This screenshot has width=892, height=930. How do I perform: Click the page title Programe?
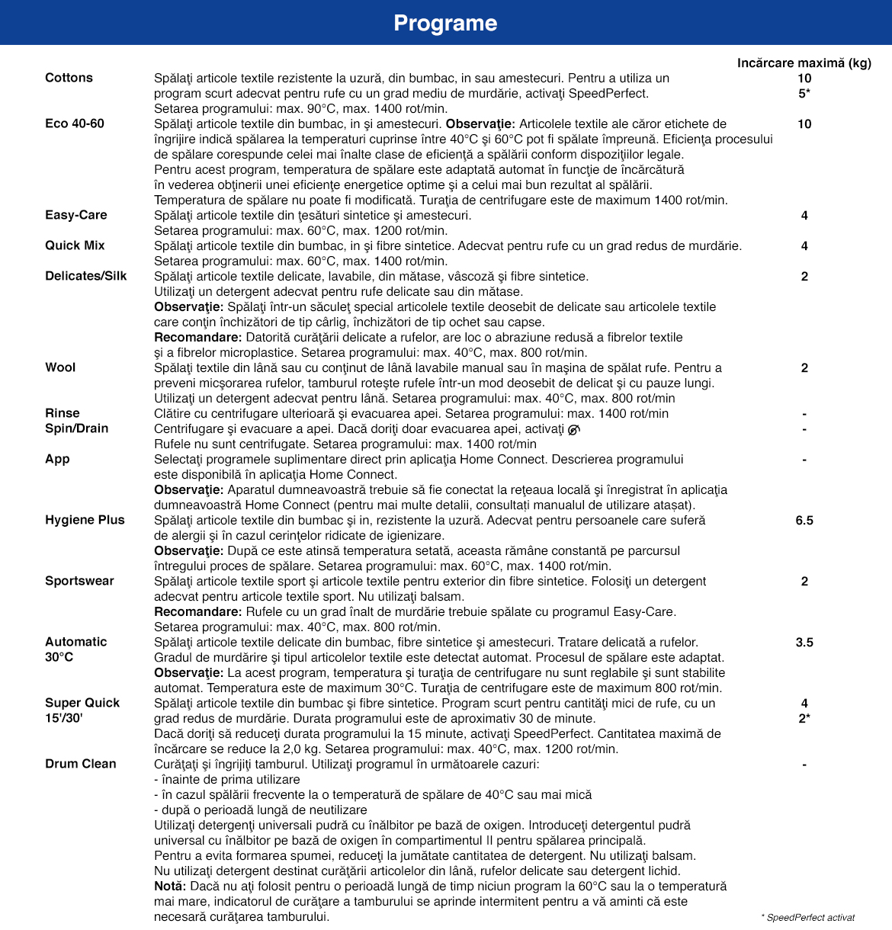445,23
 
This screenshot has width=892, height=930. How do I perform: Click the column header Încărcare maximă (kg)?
804,63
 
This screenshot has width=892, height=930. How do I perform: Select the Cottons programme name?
69,78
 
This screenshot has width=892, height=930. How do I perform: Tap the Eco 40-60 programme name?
75,123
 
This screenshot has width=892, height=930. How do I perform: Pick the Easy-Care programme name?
76,215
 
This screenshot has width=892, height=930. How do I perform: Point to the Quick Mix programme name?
75,245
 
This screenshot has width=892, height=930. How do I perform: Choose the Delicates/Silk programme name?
86,276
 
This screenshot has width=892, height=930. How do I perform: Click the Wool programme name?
60,367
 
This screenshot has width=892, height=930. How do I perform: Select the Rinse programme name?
63,413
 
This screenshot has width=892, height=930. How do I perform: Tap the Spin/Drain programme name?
77,428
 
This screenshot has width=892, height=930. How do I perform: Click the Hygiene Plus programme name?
85,520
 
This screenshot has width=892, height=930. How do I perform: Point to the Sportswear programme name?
79,581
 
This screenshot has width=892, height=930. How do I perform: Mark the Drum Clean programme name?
81,764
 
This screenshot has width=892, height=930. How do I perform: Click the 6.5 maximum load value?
804,520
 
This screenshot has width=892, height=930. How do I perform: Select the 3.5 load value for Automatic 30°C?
804,642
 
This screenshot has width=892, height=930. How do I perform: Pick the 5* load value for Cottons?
804,93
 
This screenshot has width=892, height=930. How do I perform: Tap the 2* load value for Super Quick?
804,718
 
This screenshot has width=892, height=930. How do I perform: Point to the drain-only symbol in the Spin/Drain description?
574,429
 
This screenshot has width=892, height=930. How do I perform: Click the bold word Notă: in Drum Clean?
170,886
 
